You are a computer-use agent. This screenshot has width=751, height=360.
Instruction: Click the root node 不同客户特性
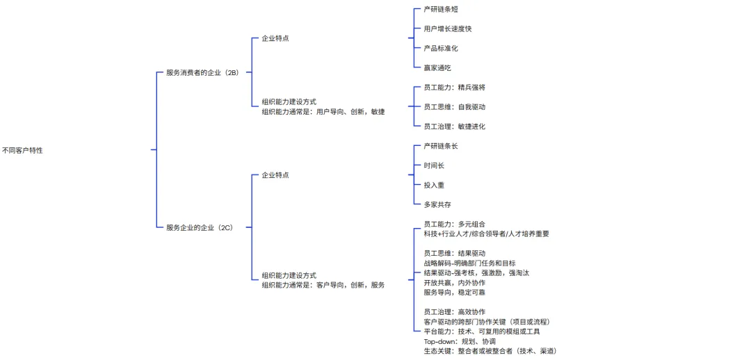22,150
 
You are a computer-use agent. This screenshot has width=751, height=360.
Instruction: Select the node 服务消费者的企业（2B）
202,72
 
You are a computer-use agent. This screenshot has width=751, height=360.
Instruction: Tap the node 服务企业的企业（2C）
199,228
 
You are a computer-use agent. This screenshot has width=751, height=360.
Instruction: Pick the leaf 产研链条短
441,10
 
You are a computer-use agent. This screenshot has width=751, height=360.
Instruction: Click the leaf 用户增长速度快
448,29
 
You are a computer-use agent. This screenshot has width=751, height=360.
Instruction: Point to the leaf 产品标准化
441,49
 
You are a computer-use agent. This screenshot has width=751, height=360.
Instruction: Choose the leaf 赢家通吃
437,68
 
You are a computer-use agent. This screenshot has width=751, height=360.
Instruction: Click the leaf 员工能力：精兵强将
454,88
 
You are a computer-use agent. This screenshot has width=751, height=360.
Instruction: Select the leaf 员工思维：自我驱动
454,107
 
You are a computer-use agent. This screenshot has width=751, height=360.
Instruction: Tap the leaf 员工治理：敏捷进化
454,126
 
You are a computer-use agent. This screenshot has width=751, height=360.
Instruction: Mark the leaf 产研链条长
441,146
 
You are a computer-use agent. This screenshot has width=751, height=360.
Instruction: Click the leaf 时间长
434,165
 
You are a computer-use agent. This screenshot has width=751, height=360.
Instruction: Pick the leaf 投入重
434,185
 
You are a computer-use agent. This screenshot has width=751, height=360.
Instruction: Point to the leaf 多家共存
437,204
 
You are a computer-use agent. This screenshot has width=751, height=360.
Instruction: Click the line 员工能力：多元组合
454,224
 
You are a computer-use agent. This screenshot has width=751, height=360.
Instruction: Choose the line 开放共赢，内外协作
454,283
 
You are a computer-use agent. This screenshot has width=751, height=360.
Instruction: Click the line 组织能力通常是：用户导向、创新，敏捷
323,111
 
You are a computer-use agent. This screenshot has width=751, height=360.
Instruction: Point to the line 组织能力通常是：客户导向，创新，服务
323,285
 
